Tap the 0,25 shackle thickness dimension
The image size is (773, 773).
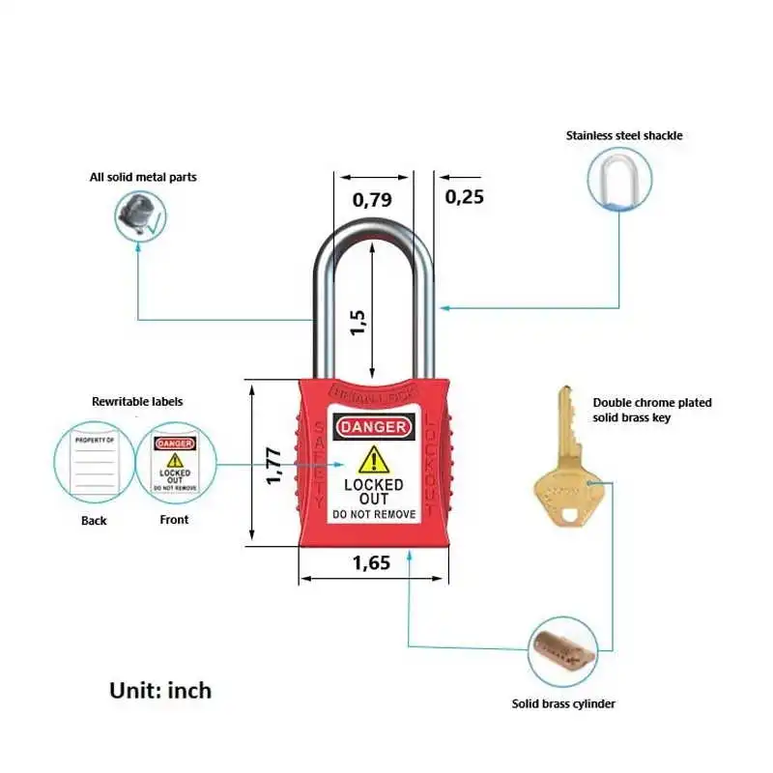[x=464, y=197]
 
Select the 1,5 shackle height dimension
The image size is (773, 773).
[x=358, y=322]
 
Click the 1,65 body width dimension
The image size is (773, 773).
[x=371, y=562]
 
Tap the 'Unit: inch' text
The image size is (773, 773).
[x=159, y=690]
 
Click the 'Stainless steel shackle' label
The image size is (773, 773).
[x=624, y=136]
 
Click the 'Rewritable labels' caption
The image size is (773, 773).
[x=137, y=401]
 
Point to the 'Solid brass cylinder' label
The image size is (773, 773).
[x=563, y=704]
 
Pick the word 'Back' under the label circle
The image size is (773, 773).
[x=95, y=521]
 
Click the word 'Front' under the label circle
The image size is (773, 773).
[x=174, y=520]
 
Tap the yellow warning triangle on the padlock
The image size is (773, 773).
[x=372, y=460]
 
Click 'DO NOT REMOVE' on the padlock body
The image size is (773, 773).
[x=373, y=515]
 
